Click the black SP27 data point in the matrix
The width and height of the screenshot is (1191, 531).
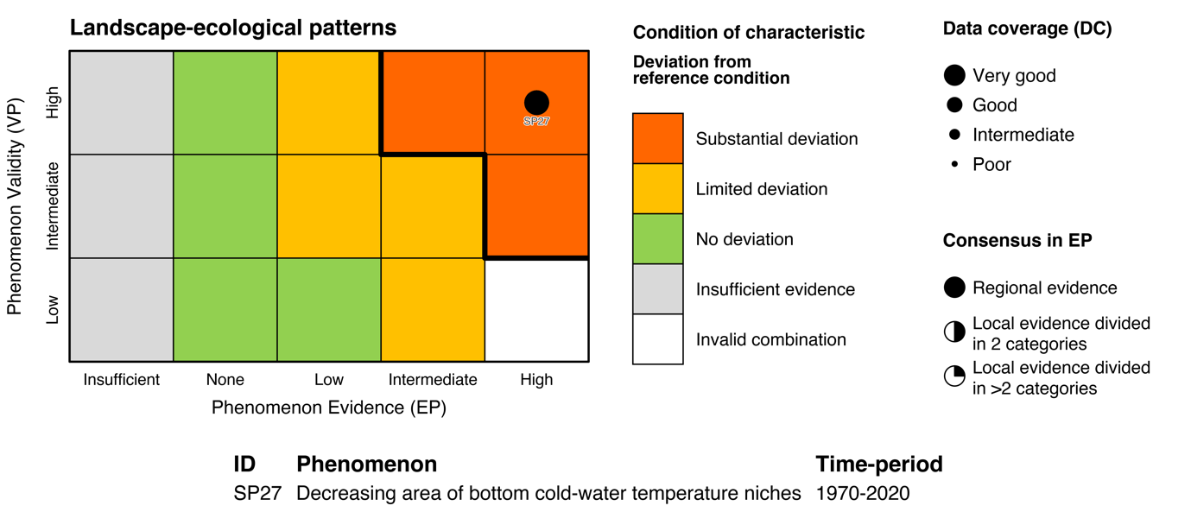pyautogui.click(x=536, y=103)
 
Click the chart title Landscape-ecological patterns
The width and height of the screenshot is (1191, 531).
pyautogui.click(x=232, y=28)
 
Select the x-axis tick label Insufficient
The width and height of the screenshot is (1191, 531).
pyautogui.click(x=122, y=380)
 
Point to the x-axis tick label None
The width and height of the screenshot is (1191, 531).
pyautogui.click(x=225, y=380)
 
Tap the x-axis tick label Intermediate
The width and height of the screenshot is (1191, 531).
pyautogui.click(x=433, y=380)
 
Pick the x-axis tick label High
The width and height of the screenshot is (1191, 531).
pyautogui.click(x=536, y=380)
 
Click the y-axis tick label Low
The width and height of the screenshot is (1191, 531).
pyautogui.click(x=53, y=310)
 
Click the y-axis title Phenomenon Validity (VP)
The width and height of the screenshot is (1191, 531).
pyautogui.click(x=15, y=205)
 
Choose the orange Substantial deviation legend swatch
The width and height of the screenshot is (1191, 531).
pyautogui.click(x=657, y=138)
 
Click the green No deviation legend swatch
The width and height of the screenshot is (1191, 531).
pyautogui.click(x=657, y=238)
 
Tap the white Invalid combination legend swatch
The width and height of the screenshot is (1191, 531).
pyautogui.click(x=657, y=338)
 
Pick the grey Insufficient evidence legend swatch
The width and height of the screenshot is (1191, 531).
pyautogui.click(x=657, y=288)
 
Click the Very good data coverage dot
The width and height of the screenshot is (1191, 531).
pyautogui.click(x=954, y=76)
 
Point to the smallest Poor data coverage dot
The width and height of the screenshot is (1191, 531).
pyautogui.click(x=954, y=164)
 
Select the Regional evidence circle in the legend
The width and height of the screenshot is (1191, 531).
pyautogui.click(x=954, y=288)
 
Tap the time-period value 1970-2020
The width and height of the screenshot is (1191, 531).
pyautogui.click(x=863, y=494)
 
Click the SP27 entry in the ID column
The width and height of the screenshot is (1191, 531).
pyautogui.click(x=257, y=494)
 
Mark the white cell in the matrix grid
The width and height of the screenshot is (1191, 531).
pyautogui.click(x=536, y=310)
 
